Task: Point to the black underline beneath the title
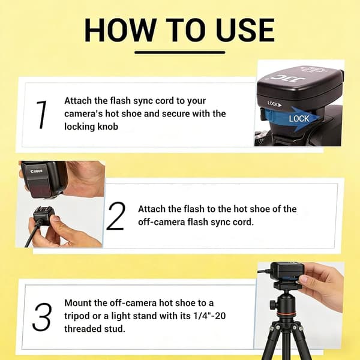tap(180, 52)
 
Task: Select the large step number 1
tap(41, 115)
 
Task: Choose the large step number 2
tap(116, 216)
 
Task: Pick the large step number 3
tap(41, 317)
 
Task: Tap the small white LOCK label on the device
tap(275, 104)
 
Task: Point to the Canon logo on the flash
tap(37, 171)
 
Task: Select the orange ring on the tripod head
tap(285, 313)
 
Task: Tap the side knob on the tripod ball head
tap(273, 304)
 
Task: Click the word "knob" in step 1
tap(108, 127)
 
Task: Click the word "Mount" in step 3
tap(77, 303)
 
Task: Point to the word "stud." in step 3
tap(115, 329)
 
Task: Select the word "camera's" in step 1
tap(83, 113)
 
